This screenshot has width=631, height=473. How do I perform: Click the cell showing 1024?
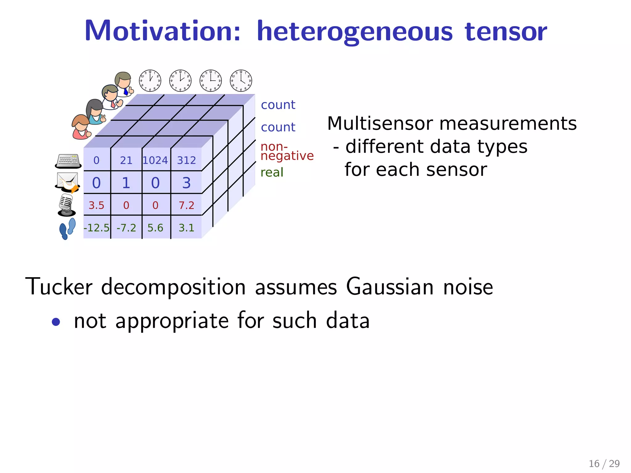click(x=155, y=160)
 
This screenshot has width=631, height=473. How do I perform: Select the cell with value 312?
click(x=186, y=160)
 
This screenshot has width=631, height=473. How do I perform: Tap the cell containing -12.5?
click(x=96, y=228)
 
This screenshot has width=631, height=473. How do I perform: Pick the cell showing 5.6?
click(x=155, y=228)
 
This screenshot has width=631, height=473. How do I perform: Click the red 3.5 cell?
click(x=96, y=205)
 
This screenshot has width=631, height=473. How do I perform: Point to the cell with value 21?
click(x=126, y=160)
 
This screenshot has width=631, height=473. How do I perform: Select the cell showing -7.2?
click(x=126, y=228)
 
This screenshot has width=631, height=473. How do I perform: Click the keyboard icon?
click(x=68, y=161)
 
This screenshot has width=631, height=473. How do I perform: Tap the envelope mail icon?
click(x=67, y=182)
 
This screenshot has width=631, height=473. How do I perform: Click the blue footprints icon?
click(x=67, y=228)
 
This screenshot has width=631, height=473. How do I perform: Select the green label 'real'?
click(x=272, y=172)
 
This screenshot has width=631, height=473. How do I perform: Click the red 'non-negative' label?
click(x=287, y=152)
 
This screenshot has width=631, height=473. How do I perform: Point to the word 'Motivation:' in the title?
click(x=162, y=31)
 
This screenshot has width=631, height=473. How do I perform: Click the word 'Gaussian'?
click(x=390, y=287)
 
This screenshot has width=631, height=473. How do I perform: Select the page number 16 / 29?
click(x=604, y=463)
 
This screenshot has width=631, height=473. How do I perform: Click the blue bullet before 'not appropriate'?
click(x=56, y=322)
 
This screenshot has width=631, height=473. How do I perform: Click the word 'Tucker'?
click(x=59, y=287)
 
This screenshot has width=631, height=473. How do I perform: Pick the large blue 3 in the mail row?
click(x=186, y=183)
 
